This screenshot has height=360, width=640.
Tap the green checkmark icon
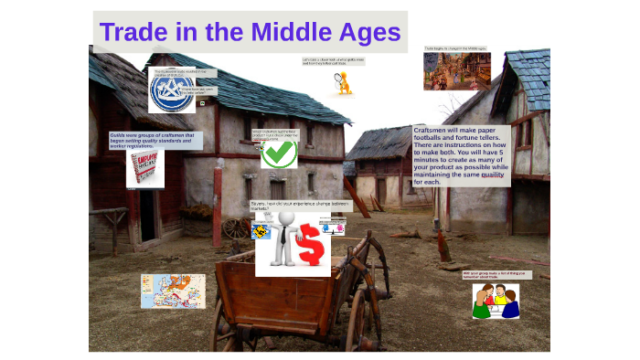coord(278,153)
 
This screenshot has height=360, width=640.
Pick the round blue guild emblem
coord(174,90)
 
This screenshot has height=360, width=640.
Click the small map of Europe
coord(173,291)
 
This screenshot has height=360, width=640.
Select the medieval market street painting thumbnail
coord(456,71)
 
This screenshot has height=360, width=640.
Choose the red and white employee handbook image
coord(144,169)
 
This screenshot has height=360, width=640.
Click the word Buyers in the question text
coord(261,204)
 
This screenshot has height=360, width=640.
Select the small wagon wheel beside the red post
coord(236,228)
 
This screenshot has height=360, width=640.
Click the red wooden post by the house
coord(217,216)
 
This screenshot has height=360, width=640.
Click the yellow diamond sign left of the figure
coord(261,232)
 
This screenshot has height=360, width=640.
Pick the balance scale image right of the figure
coord(332,227)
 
